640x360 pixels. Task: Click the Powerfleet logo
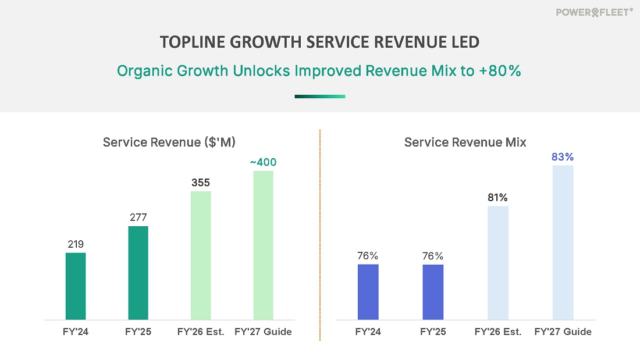click(x=594, y=12)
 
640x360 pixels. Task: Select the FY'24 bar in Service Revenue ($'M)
click(x=76, y=286)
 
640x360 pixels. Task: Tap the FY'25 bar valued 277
click(x=138, y=273)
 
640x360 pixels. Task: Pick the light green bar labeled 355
click(x=201, y=255)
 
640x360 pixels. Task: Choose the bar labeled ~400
click(x=263, y=245)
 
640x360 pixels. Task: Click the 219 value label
click(x=76, y=244)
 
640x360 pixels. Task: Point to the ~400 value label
click(x=263, y=162)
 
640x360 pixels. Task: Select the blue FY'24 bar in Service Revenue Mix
click(x=368, y=292)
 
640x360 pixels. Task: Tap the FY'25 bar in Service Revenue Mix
click(x=433, y=292)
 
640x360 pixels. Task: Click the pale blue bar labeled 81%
click(x=497, y=263)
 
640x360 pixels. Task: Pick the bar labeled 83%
click(x=563, y=243)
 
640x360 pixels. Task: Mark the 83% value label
click(x=563, y=157)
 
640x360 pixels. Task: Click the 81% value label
click(x=498, y=197)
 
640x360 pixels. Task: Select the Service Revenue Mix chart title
click(x=465, y=142)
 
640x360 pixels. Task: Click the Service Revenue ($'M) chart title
click(x=169, y=142)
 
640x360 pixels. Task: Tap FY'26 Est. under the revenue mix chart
click(x=498, y=332)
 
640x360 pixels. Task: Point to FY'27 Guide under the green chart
click(x=263, y=332)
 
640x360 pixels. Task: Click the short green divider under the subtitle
click(x=319, y=97)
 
